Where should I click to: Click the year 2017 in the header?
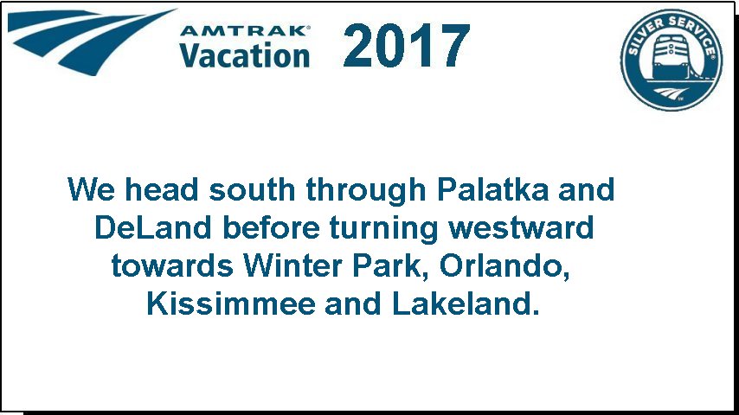coord(406,46)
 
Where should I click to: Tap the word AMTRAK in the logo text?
coord(243,31)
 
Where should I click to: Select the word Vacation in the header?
coord(245,55)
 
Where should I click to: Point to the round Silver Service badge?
coord(672,60)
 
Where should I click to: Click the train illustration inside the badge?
coord(670,57)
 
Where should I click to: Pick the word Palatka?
coord(493,189)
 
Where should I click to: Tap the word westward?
coord(521,228)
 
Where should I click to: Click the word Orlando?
coord(504,266)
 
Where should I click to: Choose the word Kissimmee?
coord(231,303)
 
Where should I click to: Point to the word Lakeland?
coord(466,303)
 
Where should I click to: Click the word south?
coord(252,189)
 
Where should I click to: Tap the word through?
coord(366,191)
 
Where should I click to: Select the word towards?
coord(172,266)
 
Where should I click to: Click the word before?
coord(271,228)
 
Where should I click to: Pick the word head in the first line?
coord(161,189)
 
